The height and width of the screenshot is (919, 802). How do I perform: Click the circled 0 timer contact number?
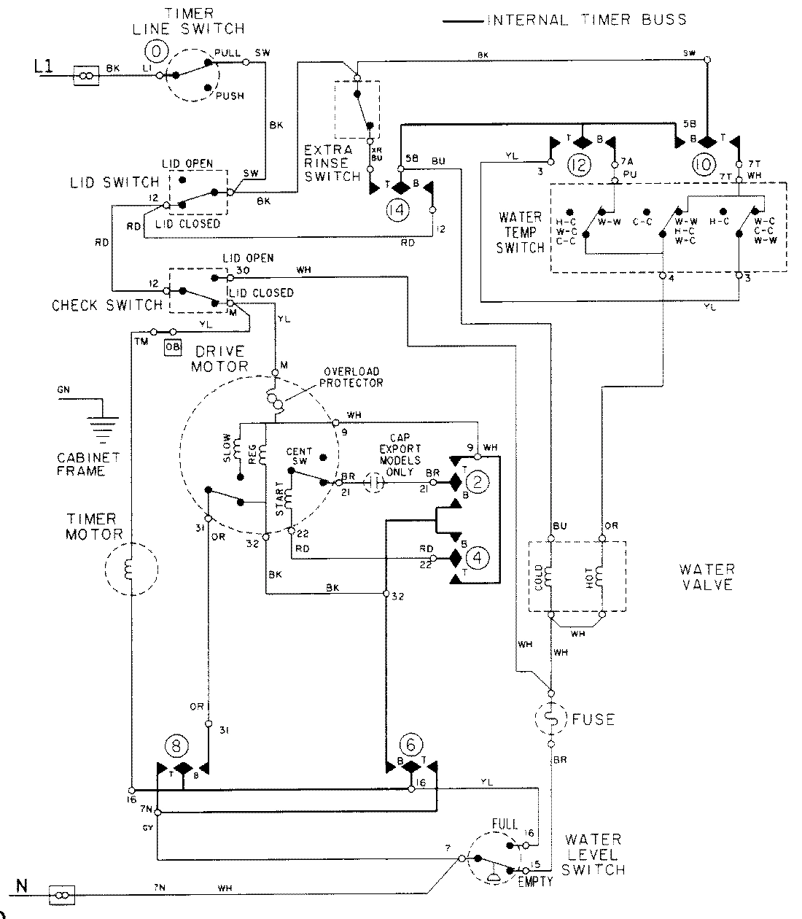(x=157, y=50)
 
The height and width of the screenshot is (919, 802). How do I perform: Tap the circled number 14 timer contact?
(x=397, y=211)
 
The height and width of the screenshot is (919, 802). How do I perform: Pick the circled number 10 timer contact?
(x=704, y=165)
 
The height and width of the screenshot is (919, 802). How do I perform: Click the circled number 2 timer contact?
(x=478, y=483)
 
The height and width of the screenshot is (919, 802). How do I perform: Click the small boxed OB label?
(x=173, y=347)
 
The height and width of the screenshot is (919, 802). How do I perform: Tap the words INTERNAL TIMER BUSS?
(x=587, y=20)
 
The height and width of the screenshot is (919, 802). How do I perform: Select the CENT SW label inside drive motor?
(x=300, y=456)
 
